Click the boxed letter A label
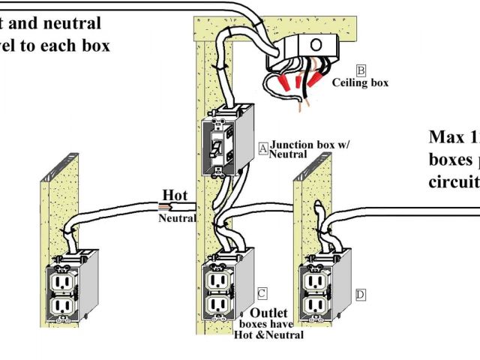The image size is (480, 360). pyautogui.click(x=263, y=148)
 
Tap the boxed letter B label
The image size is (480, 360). pyautogui.click(x=361, y=71)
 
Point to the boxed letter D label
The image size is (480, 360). pyautogui.click(x=361, y=295)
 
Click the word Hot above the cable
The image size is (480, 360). pyautogui.click(x=175, y=196)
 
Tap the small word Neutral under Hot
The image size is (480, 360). pyautogui.click(x=176, y=218)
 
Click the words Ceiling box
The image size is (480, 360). pyautogui.click(x=360, y=83)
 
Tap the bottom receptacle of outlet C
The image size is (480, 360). pyautogui.click(x=217, y=304)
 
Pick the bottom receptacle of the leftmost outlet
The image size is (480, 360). pyautogui.click(x=62, y=307)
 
